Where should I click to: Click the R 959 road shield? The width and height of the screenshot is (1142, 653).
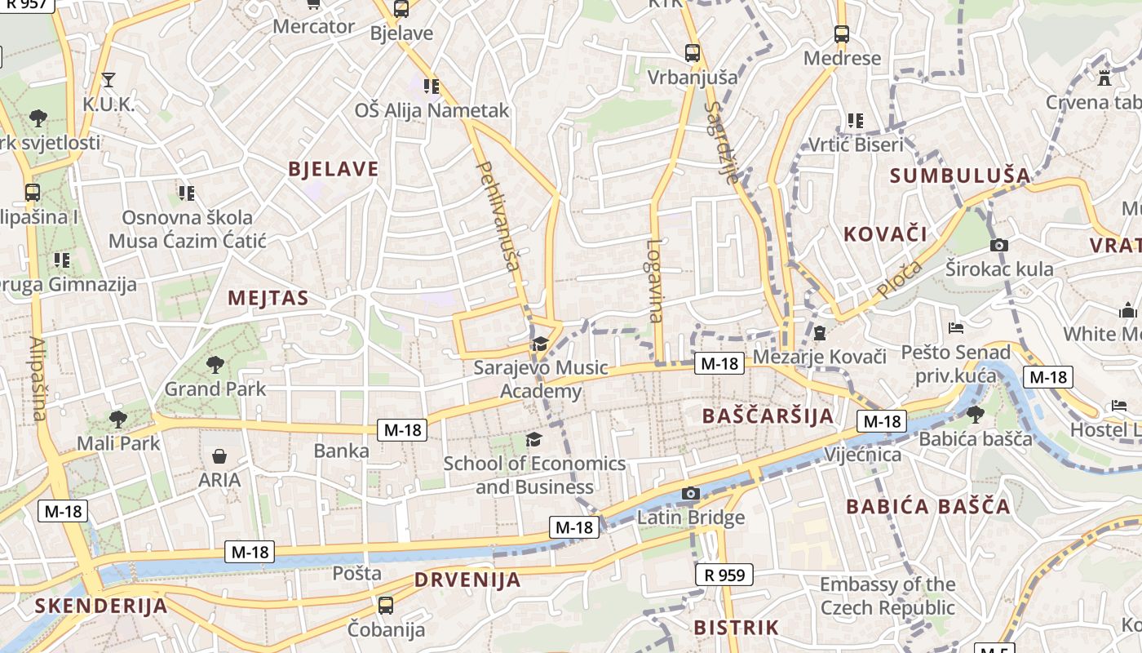(724, 575)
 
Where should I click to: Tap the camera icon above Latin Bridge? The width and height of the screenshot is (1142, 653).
(691, 493)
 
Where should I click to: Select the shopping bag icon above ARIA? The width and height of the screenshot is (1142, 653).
(219, 455)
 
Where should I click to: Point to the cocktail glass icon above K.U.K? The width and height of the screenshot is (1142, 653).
(108, 80)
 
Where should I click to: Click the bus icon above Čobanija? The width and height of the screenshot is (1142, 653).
(386, 606)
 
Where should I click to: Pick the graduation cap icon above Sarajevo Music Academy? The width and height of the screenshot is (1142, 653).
(540, 344)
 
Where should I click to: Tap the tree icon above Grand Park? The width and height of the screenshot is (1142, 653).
(215, 364)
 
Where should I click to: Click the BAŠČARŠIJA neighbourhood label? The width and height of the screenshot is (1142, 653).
(768, 416)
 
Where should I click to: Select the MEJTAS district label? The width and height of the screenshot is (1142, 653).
(268, 298)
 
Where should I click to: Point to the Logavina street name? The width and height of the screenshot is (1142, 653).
(655, 280)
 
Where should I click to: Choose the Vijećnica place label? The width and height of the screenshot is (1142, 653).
(863, 455)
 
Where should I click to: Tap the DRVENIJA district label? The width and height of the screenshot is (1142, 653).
(467, 580)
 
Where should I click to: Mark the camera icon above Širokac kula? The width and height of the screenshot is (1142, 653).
(999, 245)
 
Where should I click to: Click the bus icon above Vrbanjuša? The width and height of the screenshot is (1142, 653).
(693, 53)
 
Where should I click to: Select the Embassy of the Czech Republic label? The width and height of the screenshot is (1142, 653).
(887, 596)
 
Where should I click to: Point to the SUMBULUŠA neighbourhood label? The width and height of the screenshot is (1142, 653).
(960, 175)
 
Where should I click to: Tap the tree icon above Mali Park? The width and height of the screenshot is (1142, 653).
(118, 420)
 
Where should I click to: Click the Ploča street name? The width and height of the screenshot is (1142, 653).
(900, 280)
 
